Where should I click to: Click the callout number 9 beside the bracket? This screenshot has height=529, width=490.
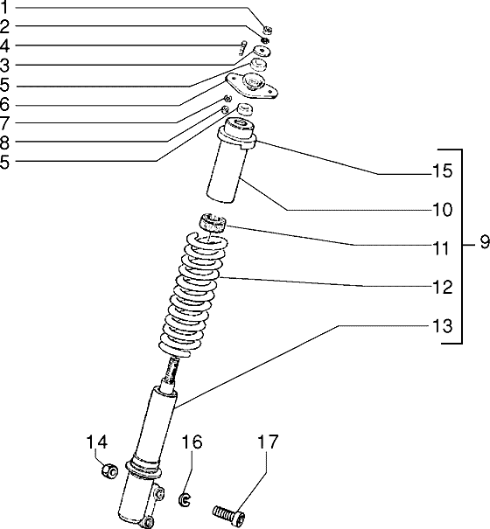[x=485, y=242]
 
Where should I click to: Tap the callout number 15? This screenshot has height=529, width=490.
[x=442, y=171]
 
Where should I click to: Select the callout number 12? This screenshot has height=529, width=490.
[x=442, y=288]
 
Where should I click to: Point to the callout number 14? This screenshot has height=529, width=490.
[x=97, y=442]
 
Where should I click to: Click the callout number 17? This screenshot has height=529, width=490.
[x=268, y=442]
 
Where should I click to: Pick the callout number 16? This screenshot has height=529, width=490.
[x=192, y=442]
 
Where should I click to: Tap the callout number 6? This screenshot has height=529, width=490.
[x=4, y=104]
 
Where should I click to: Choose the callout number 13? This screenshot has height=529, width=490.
[x=442, y=326]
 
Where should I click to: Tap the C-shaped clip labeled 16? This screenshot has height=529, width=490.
[x=185, y=499]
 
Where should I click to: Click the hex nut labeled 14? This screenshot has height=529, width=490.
[x=109, y=470]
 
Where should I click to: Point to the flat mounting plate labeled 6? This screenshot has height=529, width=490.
[x=252, y=87]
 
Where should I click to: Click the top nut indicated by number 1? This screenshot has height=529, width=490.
[x=268, y=30]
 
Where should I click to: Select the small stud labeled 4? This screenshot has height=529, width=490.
[x=242, y=48]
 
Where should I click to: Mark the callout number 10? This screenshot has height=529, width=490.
[x=442, y=210]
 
